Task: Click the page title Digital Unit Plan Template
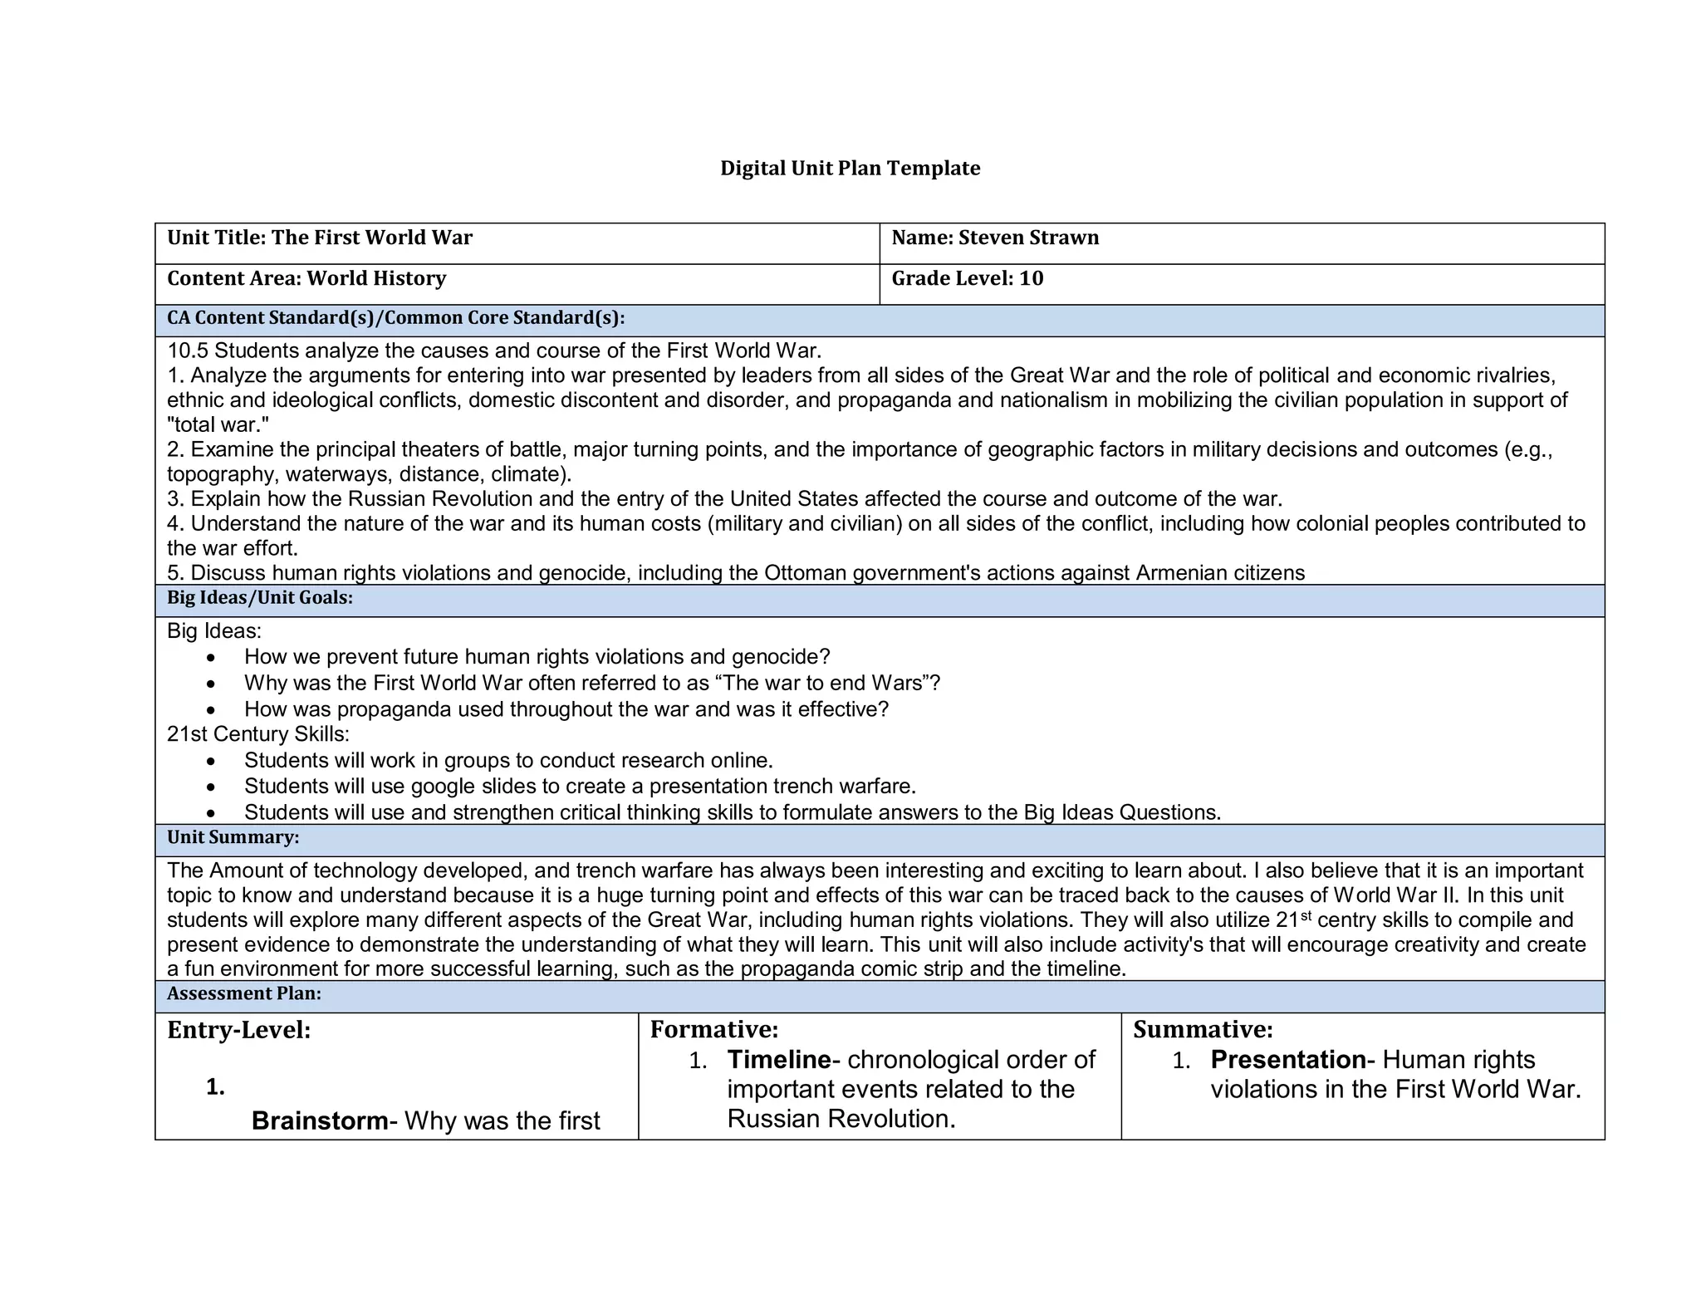850,169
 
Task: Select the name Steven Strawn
1028,238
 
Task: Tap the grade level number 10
1031,278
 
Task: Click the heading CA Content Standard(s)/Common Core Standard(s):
395,318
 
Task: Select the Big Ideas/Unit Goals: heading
260,598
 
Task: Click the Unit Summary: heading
233,837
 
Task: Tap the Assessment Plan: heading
243,993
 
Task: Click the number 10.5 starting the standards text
188,351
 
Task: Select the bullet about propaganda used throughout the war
566,709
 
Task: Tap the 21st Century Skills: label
257,734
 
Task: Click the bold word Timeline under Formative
778,1060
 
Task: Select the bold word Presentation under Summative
1287,1060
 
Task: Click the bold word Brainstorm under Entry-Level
319,1121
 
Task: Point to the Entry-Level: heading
239,1030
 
